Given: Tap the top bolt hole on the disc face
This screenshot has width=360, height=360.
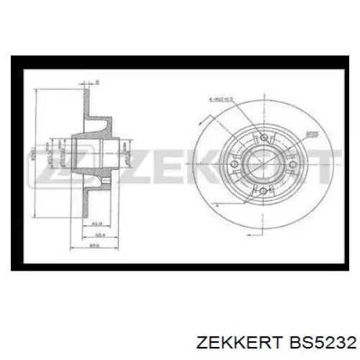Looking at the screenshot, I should tap(264, 137).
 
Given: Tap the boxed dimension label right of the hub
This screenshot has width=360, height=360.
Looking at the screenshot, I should tap(310, 134).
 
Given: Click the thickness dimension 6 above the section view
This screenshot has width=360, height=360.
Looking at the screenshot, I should tap(96, 81).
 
